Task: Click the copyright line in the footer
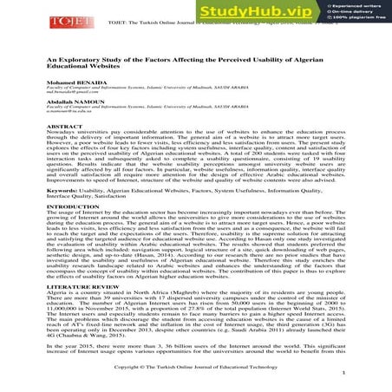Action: click(x=196, y=368)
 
